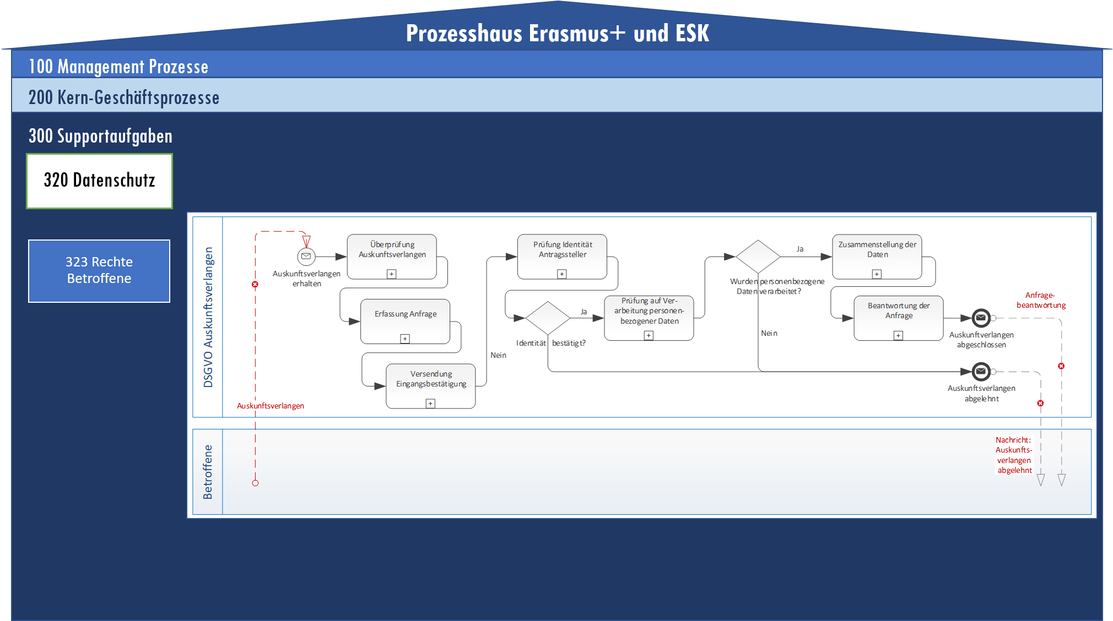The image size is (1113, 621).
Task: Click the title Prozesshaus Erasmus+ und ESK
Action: (x=557, y=33)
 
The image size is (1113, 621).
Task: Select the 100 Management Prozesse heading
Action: (x=118, y=67)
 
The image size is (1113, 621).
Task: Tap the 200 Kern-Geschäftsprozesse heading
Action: (x=124, y=97)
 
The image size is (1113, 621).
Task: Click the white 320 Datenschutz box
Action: (x=100, y=181)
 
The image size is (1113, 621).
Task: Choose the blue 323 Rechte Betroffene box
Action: (x=99, y=270)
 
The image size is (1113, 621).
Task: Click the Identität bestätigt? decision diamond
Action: (x=548, y=318)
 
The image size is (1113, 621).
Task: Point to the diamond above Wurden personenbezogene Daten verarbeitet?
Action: (x=758, y=257)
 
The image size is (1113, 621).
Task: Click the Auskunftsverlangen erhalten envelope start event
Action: (x=306, y=257)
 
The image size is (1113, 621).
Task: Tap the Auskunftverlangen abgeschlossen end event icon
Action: (x=981, y=318)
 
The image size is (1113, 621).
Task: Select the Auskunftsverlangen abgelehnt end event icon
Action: (x=981, y=372)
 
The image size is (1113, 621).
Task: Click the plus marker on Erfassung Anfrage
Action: (x=405, y=339)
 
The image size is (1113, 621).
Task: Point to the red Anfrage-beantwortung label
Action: (x=1041, y=300)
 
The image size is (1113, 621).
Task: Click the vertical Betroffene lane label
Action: (x=208, y=472)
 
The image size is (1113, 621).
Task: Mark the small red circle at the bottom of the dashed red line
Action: (x=255, y=483)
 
